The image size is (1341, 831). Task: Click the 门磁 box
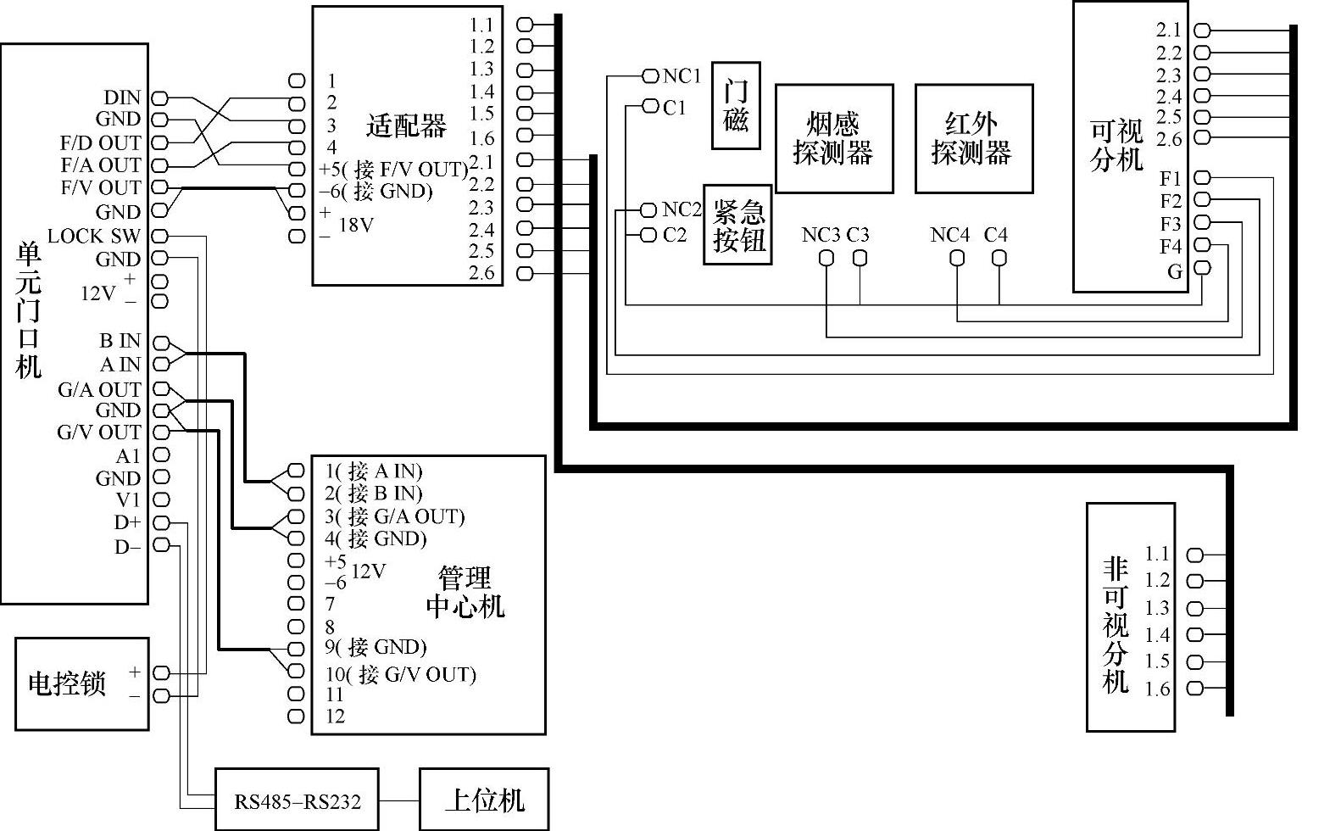pyautogui.click(x=735, y=105)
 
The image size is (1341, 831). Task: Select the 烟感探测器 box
pyautogui.click(x=833, y=138)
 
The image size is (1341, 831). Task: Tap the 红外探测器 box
pyautogui.click(x=973, y=138)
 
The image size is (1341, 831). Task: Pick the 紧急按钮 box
pyautogui.click(x=737, y=225)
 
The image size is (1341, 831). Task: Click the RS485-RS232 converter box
pyautogui.click(x=297, y=800)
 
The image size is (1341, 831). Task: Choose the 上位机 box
pyautogui.click(x=484, y=799)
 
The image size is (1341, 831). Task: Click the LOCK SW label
pyautogui.click(x=94, y=236)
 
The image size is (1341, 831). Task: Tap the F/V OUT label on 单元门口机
pyautogui.click(x=100, y=187)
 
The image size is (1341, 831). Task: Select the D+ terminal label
pyautogui.click(x=127, y=522)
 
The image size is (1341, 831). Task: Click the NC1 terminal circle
pyautogui.click(x=650, y=76)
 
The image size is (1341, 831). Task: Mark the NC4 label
pyautogui.click(x=949, y=235)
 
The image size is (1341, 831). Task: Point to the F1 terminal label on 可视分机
pyautogui.click(x=1170, y=179)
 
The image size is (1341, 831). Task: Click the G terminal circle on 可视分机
pyautogui.click(x=1204, y=269)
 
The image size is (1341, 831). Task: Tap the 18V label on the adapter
pyautogui.click(x=356, y=225)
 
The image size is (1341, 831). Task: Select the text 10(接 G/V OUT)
pyautogui.click(x=401, y=674)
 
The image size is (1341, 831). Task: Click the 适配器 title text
pyautogui.click(x=406, y=127)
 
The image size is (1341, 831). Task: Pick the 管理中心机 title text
pyautogui.click(x=465, y=592)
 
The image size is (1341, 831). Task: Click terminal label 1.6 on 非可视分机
pyautogui.click(x=1157, y=689)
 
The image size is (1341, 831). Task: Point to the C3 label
pyautogui.click(x=857, y=235)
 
